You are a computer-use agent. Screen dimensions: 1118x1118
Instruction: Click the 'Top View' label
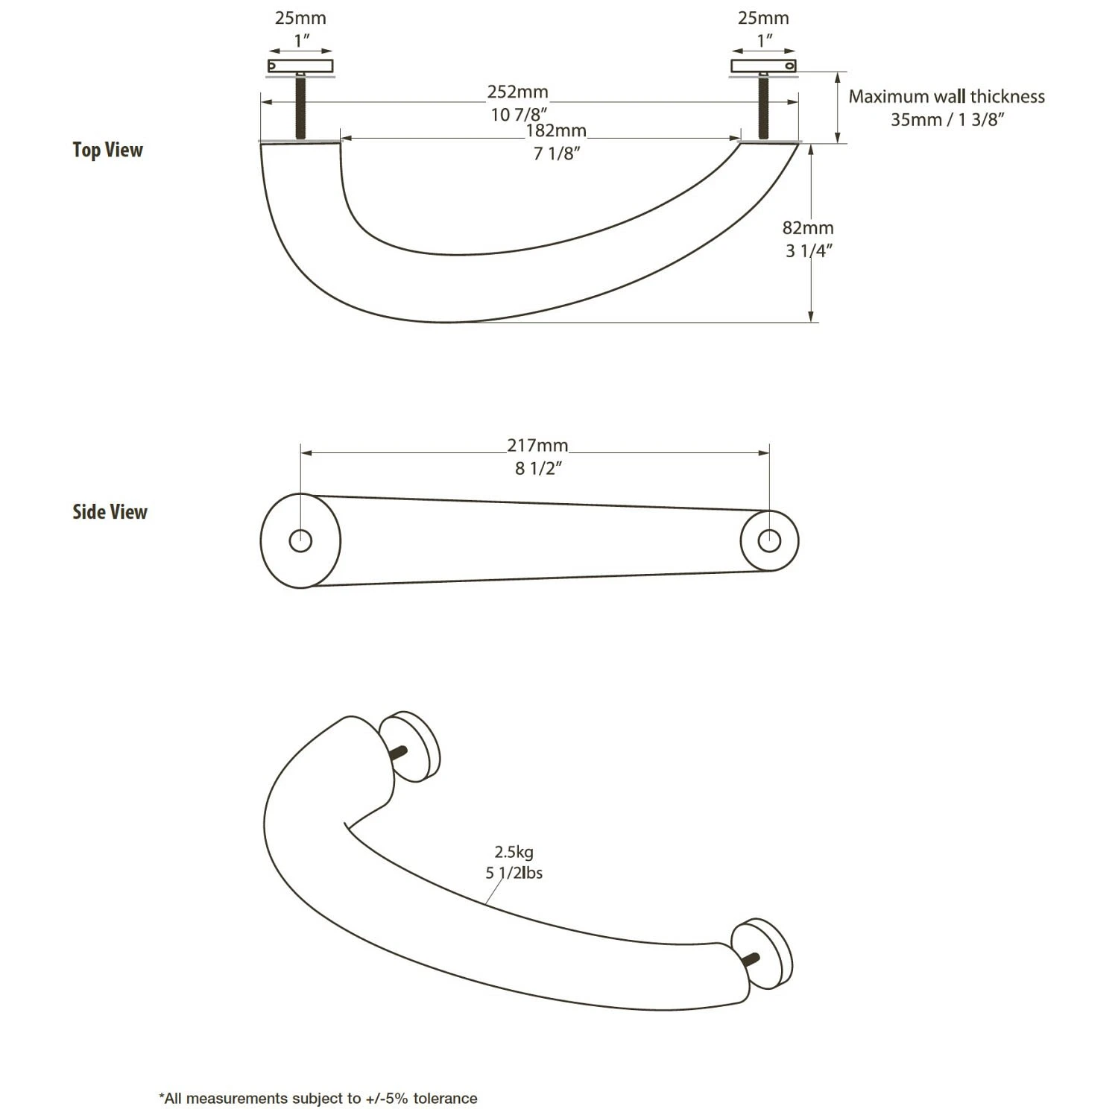tap(107, 150)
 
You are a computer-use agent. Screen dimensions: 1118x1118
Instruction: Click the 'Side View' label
tap(110, 512)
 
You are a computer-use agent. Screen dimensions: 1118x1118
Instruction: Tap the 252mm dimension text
tap(517, 92)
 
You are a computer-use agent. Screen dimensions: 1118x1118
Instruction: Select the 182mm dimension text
tap(556, 131)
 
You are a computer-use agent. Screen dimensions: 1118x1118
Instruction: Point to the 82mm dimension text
tap(808, 228)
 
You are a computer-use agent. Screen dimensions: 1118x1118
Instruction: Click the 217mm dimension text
tap(537, 446)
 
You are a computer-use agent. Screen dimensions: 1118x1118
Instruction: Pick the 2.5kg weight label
tap(514, 852)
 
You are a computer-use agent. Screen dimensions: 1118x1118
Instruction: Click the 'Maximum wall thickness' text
tap(947, 97)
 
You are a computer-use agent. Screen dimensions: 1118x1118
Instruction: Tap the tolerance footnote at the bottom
tap(318, 1098)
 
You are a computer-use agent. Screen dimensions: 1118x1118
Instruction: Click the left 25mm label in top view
tap(300, 18)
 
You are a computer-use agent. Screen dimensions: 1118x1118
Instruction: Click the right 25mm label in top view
tap(763, 18)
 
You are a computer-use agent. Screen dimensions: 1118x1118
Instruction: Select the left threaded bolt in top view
tap(300, 106)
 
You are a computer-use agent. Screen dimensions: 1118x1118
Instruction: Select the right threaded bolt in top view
tap(762, 107)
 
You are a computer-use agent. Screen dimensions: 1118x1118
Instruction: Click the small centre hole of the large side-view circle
tap(300, 540)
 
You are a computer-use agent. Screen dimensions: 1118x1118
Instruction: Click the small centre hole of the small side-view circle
tap(769, 540)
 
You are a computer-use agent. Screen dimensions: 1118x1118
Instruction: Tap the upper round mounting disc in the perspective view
tap(412, 745)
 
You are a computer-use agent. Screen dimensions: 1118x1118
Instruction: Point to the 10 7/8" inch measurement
tap(519, 115)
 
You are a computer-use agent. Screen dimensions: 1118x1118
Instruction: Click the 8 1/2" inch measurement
tap(537, 469)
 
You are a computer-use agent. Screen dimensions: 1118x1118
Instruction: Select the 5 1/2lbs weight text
tap(514, 873)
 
